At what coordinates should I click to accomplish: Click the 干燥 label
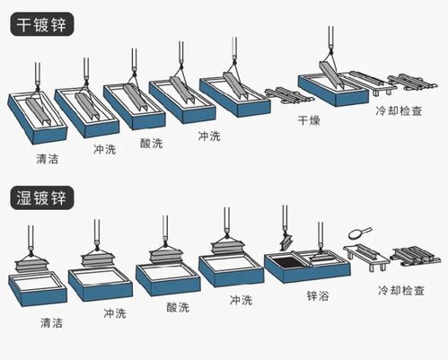[308, 119]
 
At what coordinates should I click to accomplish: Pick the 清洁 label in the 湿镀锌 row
[51, 322]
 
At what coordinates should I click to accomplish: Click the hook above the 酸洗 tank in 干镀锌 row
[136, 63]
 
